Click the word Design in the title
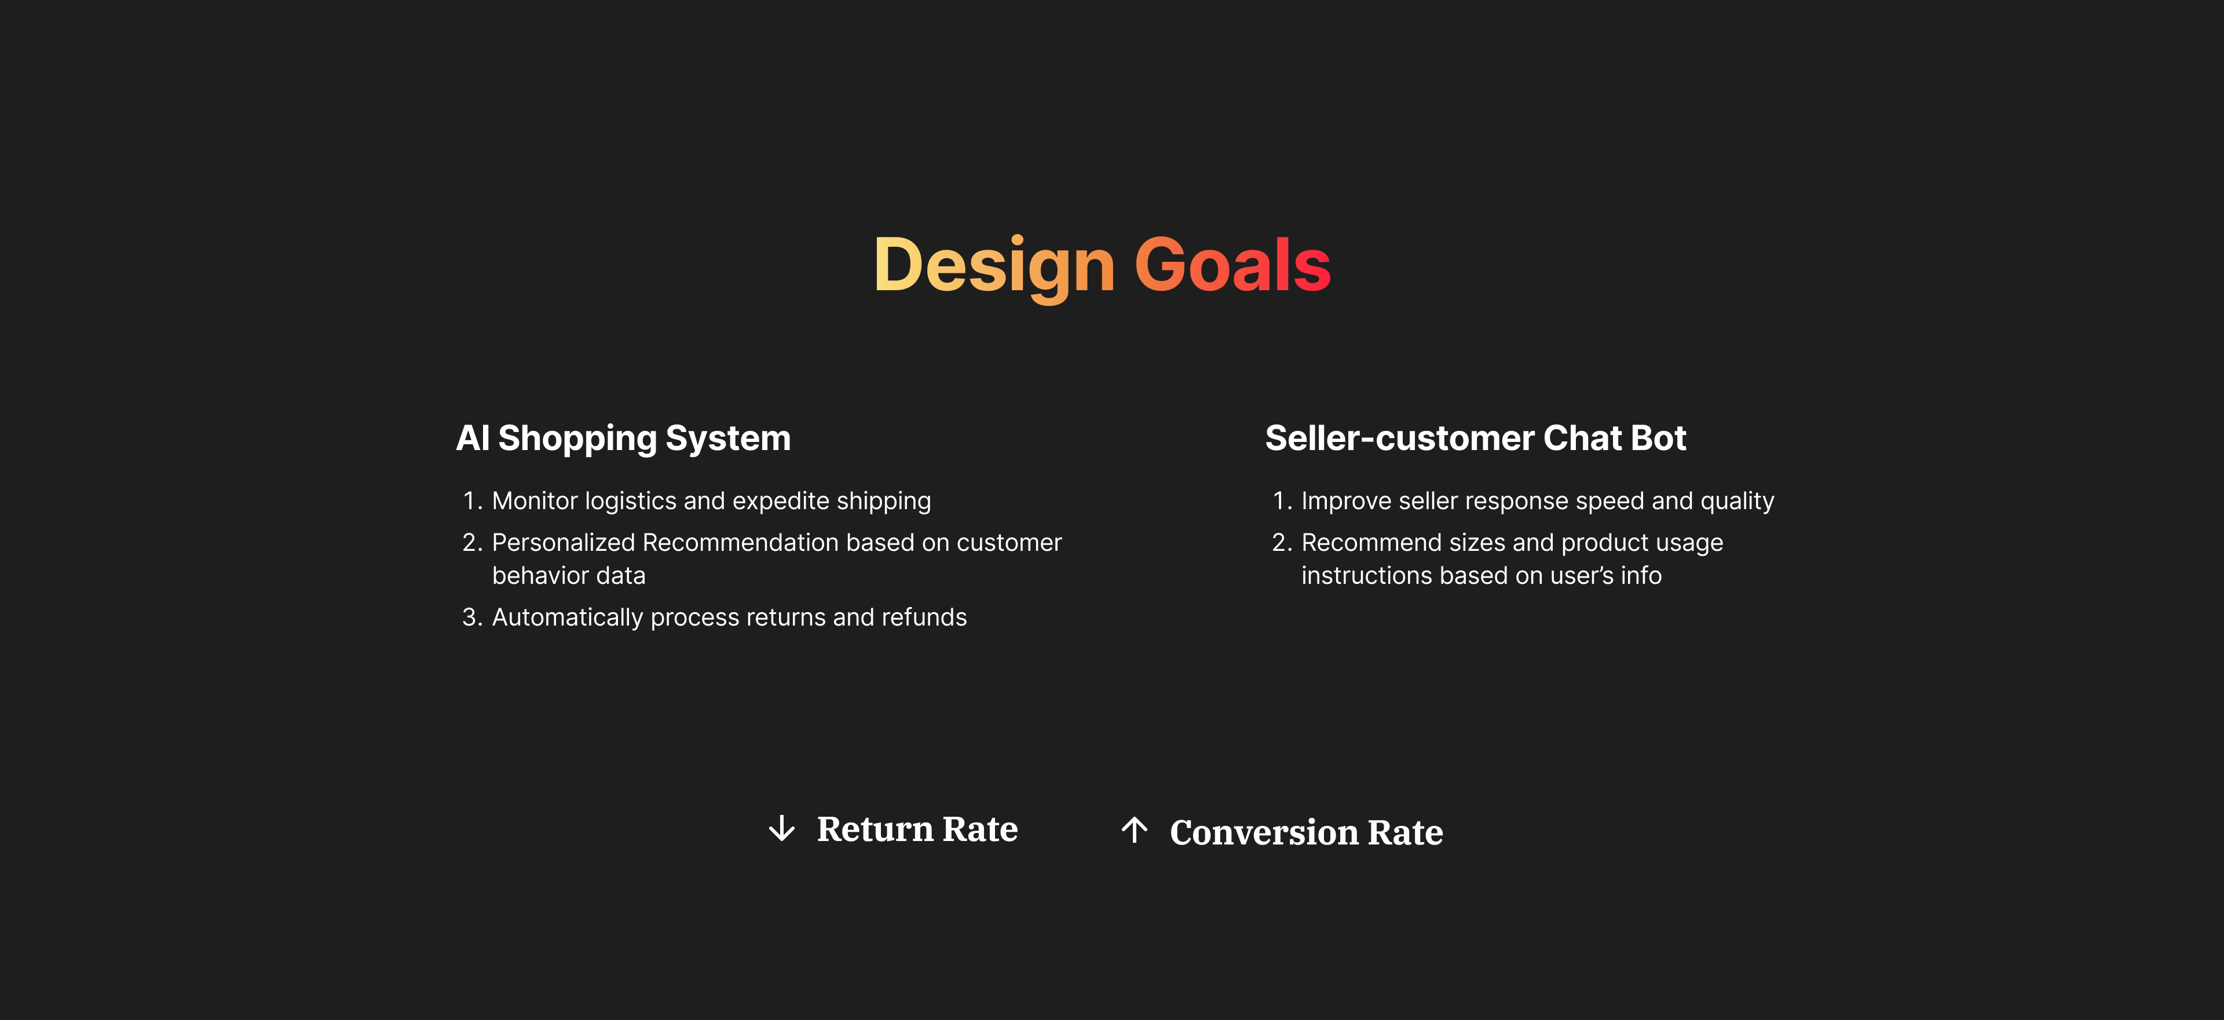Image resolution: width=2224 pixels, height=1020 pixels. coord(994,266)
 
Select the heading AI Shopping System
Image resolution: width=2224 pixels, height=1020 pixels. coord(623,438)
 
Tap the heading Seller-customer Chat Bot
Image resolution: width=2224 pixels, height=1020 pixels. coord(1476,438)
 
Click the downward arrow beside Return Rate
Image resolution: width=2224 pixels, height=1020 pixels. coord(781,828)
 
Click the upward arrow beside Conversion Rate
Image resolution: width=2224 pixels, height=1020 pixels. coord(1135,830)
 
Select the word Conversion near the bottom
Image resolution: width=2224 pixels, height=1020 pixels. coord(1264,832)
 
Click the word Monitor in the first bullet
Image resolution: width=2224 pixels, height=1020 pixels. coord(535,501)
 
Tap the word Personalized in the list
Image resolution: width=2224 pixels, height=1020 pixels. coord(564,542)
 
